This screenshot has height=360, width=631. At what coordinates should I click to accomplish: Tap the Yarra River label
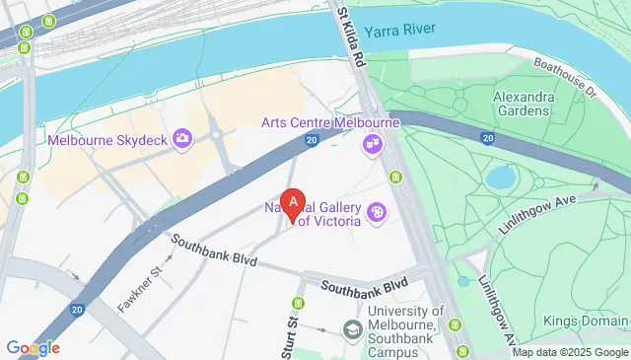coord(400,31)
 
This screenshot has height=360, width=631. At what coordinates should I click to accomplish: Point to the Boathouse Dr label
coord(566,76)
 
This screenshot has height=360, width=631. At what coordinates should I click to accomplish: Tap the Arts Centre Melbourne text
coord(329,122)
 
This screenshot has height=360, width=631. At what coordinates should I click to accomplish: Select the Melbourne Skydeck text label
coord(106,139)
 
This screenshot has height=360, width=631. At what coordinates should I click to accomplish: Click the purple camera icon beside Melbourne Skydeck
coord(181,139)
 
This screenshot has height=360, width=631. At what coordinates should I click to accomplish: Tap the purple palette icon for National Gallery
coord(376,213)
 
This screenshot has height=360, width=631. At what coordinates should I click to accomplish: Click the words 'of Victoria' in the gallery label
coord(329,221)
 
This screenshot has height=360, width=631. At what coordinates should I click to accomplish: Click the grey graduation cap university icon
coord(351,329)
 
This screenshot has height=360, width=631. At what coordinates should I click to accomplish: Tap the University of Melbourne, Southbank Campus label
coord(406,329)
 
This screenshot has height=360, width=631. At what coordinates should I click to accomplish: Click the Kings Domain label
coord(586,322)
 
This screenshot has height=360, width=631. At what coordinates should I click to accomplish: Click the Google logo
coord(33,347)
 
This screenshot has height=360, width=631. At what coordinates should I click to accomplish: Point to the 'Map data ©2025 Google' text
coord(567,352)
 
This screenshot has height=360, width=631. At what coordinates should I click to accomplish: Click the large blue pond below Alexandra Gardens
coord(501,178)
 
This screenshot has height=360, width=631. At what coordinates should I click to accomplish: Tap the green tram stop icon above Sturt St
coord(298,303)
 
